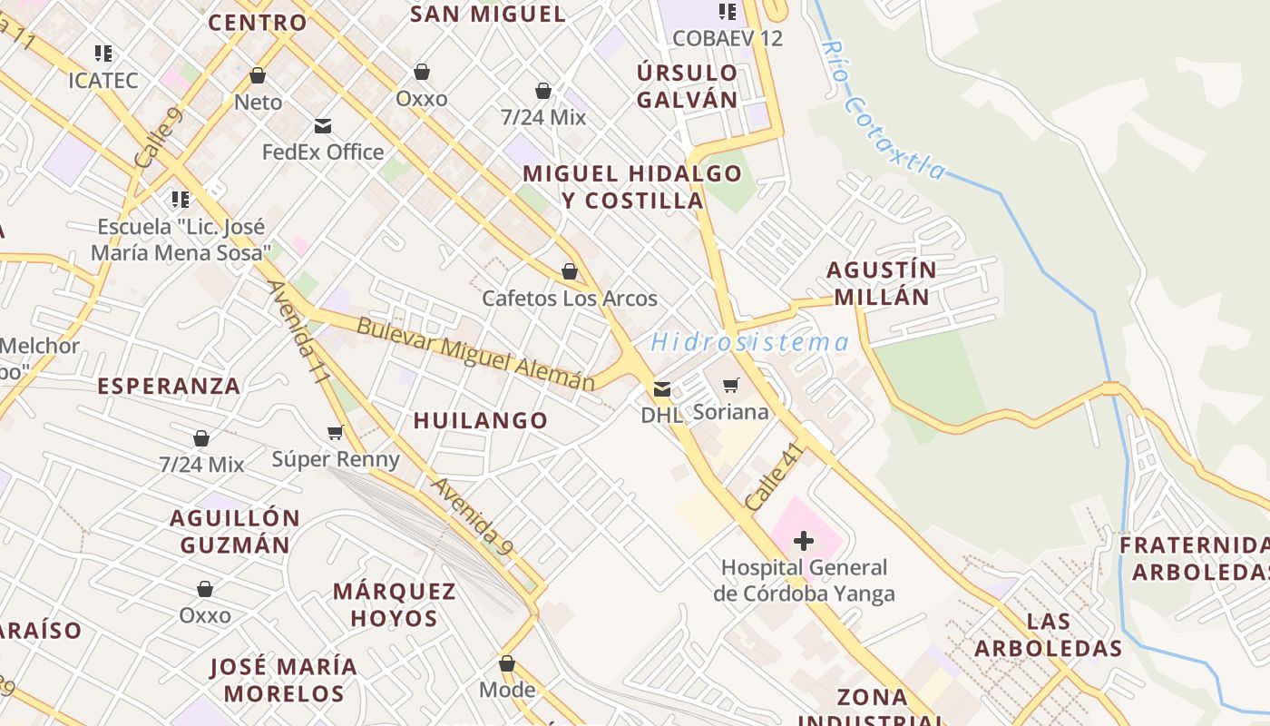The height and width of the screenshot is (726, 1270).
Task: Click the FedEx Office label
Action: [323, 152]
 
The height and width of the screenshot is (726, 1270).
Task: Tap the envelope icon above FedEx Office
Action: [323, 126]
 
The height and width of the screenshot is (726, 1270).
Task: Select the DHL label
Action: [661, 415]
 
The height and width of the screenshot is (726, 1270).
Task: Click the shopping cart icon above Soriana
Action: [731, 386]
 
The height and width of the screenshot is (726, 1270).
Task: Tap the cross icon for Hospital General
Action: [804, 542]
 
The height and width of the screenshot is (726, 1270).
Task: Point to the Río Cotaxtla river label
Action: [883, 111]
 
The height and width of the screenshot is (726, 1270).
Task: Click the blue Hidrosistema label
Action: [749, 342]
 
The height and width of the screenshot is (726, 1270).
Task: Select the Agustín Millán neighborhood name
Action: [881, 283]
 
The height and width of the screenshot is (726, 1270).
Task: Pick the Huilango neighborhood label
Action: [481, 420]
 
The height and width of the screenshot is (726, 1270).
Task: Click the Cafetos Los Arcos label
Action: [570, 299]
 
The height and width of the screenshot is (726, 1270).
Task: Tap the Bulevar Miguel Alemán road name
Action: [476, 354]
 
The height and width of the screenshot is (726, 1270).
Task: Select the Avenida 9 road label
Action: [472, 516]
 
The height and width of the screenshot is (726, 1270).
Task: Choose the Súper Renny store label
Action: [336, 459]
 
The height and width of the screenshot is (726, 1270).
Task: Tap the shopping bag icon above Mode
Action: [507, 664]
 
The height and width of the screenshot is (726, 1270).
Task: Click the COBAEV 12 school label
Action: [728, 38]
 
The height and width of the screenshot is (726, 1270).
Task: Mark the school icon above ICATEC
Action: [103, 54]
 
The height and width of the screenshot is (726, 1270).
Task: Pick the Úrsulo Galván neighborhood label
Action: [687, 86]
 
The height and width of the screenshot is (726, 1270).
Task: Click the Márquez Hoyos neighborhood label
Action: [394, 604]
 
